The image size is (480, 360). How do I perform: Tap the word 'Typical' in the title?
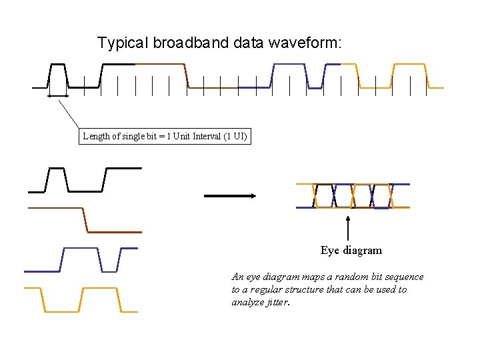123,43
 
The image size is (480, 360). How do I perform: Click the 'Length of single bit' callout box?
165,137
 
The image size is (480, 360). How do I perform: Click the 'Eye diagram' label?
351,251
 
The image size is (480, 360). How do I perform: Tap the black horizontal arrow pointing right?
230,195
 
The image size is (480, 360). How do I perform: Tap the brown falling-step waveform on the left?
85,220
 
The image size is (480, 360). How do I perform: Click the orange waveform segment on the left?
81,299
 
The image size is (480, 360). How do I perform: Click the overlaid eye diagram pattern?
353,195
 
